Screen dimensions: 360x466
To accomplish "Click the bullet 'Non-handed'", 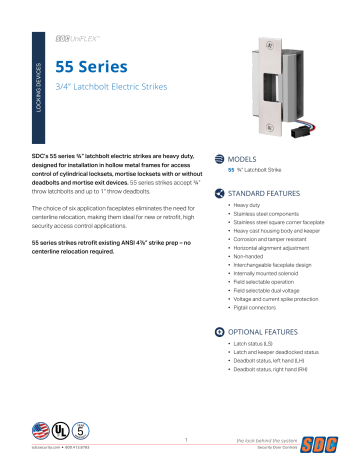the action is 253,261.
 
